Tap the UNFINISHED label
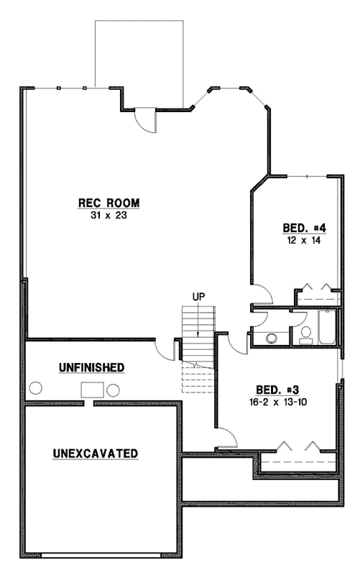tap(91, 367)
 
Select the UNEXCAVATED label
tap(96, 454)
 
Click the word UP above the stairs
tap(199, 295)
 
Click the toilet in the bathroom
tap(305, 333)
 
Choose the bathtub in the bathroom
tap(326, 328)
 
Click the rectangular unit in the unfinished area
tap(93, 390)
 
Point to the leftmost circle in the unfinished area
tap(36, 389)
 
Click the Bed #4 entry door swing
tap(261, 295)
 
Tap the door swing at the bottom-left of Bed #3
tap(227, 437)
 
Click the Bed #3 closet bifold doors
tap(296, 446)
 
